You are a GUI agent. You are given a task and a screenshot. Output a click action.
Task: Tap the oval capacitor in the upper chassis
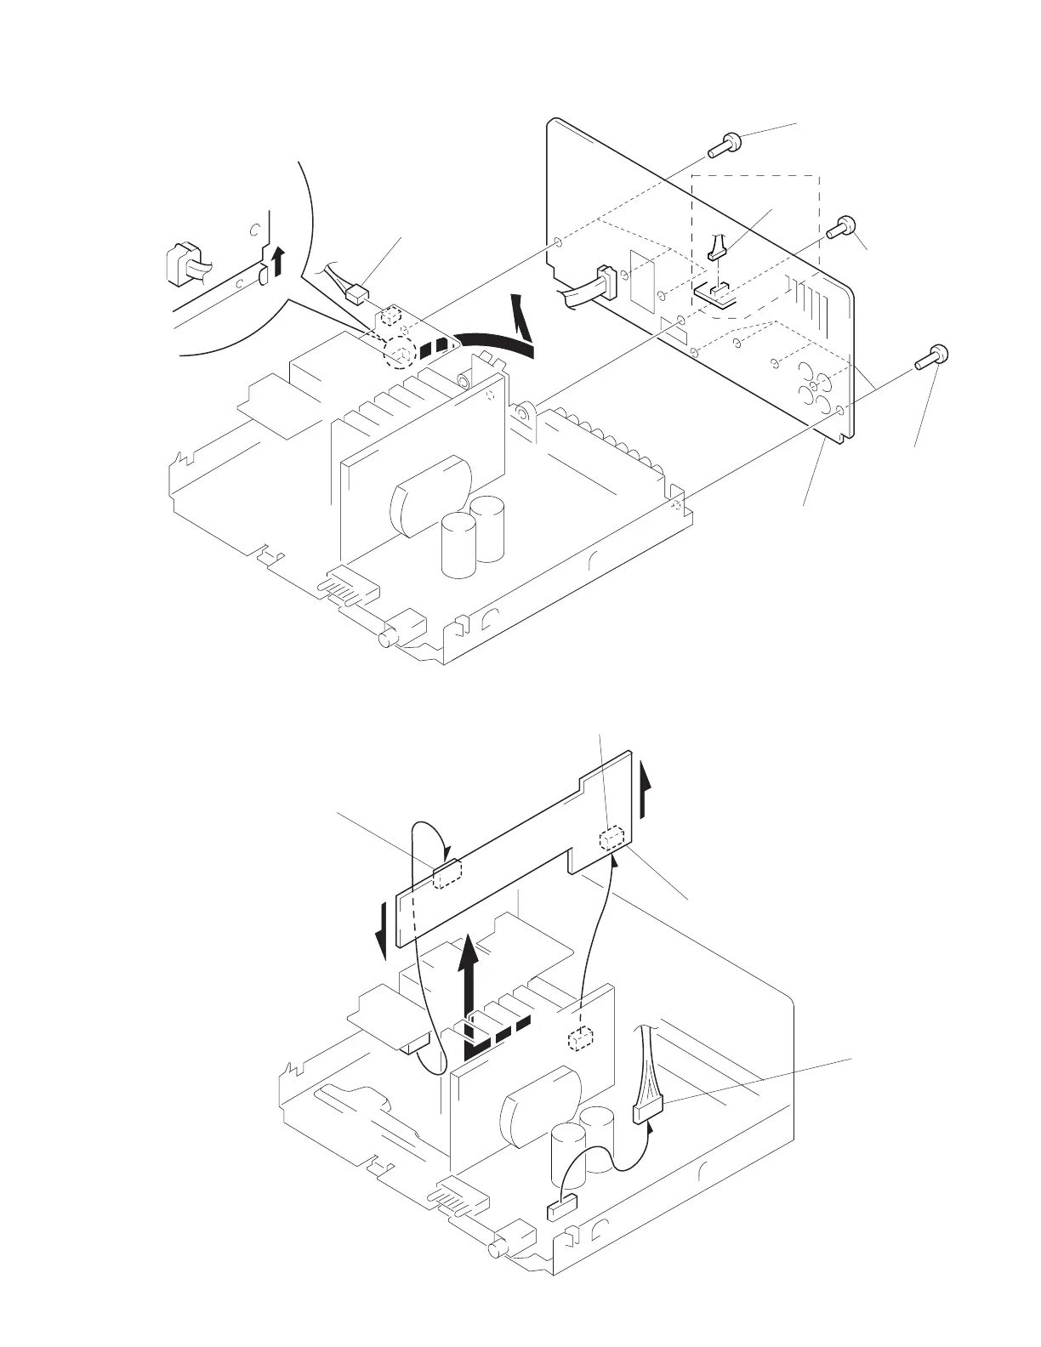pos(429,496)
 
